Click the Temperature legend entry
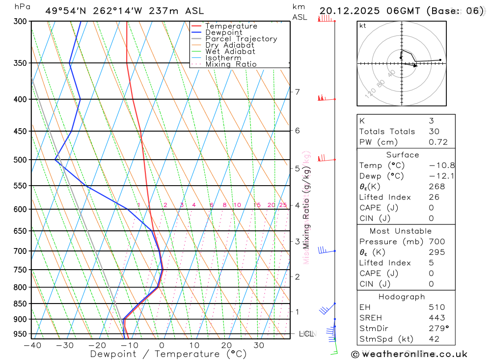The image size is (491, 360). coord(231,26)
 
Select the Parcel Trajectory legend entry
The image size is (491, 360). coord(241,39)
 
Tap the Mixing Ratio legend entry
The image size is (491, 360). coord(231,64)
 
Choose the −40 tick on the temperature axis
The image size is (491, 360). coord(32,345)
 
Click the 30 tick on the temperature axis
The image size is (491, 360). coord(259,345)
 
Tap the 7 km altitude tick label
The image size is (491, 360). coord(297,92)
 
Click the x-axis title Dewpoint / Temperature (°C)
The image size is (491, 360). coord(162,354)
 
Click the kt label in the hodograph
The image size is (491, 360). coord(363,26)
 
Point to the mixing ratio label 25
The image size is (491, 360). coord(283,205)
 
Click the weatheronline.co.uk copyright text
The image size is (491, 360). coord(409,354)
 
